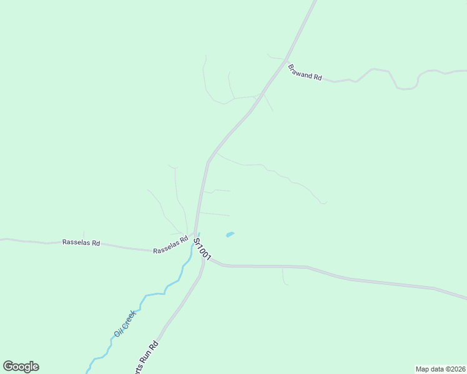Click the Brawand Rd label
pyautogui.click(x=305, y=72)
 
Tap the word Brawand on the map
pyautogui.click(x=300, y=70)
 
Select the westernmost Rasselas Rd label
pyautogui.click(x=81, y=242)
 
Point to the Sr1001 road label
pyautogui.click(x=202, y=249)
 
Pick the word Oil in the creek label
pyautogui.click(x=117, y=332)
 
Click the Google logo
pyautogui.click(x=21, y=367)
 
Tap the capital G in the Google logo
pyautogui.click(x=8, y=366)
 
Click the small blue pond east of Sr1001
pyautogui.click(x=230, y=234)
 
